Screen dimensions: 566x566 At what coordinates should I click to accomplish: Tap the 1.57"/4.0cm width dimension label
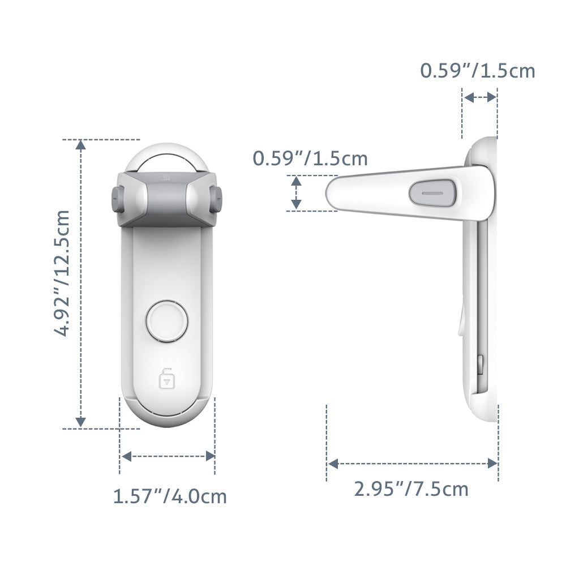pos(170,497)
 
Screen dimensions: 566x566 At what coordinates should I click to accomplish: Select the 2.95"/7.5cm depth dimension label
pos(411,488)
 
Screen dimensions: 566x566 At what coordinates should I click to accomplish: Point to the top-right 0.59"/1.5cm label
pos(477,71)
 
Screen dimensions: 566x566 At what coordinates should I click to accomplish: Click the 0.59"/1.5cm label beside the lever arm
pos(310,158)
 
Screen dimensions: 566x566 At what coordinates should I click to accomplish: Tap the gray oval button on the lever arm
pos(431,192)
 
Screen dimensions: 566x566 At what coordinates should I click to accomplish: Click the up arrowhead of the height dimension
pos(81,146)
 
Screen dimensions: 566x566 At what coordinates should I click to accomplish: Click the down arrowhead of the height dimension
pos(81,421)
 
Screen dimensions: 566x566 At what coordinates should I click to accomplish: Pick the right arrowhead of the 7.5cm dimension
pos(492,464)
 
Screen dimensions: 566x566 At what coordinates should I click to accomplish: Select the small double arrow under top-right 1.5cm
pos(480,97)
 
